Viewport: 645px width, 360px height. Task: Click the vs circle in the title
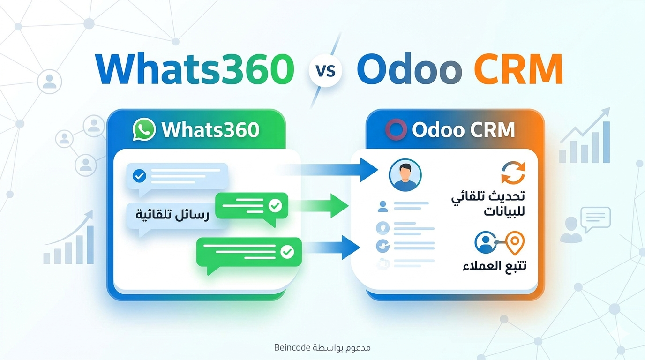click(x=325, y=71)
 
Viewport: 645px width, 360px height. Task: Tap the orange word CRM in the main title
click(x=518, y=70)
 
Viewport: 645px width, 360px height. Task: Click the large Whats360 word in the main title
click(x=195, y=70)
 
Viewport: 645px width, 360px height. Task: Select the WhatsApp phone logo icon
click(x=144, y=129)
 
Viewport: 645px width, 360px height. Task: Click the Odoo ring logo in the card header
click(x=396, y=129)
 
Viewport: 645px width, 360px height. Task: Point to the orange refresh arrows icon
click(x=513, y=173)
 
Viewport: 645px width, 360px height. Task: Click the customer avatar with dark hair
click(x=405, y=175)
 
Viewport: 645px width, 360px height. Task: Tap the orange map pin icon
click(x=515, y=243)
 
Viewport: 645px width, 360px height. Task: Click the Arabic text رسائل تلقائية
click(x=172, y=215)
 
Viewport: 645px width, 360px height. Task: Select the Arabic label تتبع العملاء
click(x=495, y=265)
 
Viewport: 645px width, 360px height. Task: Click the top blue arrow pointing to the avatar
click(x=328, y=170)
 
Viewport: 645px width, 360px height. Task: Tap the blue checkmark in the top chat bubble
click(x=139, y=176)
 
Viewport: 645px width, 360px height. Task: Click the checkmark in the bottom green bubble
click(x=287, y=252)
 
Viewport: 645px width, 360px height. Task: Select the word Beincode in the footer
click(x=292, y=348)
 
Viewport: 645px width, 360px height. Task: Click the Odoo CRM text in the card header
click(x=463, y=130)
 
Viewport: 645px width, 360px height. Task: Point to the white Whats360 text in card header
click(x=210, y=130)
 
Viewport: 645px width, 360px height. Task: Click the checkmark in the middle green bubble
click(x=275, y=206)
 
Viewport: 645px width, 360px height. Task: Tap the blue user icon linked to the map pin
click(x=486, y=242)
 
